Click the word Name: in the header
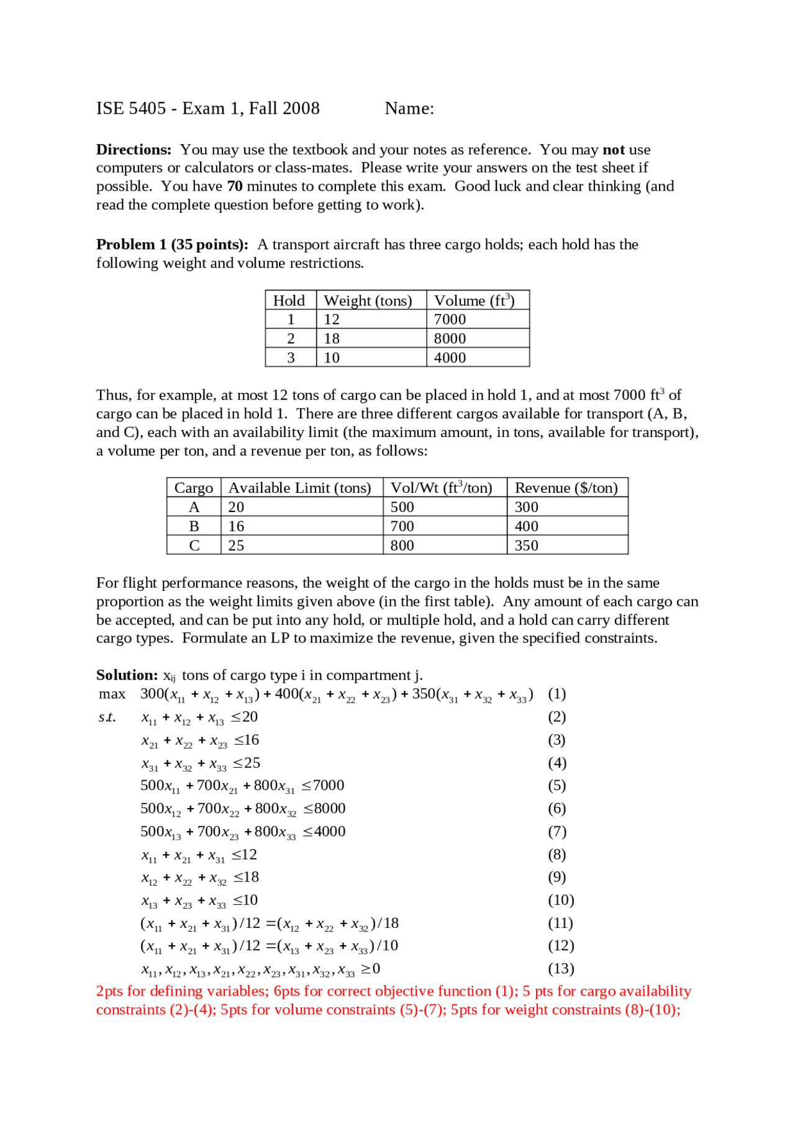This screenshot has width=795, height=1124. point(409,109)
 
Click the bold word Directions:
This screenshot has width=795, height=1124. point(133,150)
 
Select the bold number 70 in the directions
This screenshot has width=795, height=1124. point(235,186)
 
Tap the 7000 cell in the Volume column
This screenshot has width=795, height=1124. point(450,319)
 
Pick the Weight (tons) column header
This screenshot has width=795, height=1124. point(368,300)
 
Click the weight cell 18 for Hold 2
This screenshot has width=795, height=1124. point(332,338)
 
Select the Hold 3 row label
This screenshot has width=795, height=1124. point(291,357)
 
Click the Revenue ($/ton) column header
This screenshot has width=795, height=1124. point(566,488)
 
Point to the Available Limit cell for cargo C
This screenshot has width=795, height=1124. point(236,546)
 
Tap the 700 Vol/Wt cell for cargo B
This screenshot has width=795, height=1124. point(402,526)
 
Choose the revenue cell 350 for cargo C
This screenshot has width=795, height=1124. point(526,546)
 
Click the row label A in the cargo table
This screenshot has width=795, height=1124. point(194,507)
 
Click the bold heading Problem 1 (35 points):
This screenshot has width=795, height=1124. point(172,245)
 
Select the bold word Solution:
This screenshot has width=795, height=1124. point(127,675)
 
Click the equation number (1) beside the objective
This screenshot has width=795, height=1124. point(556,694)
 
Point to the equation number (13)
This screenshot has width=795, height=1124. point(560,968)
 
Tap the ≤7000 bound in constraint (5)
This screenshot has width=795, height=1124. point(323,786)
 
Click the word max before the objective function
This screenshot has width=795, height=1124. point(112,694)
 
